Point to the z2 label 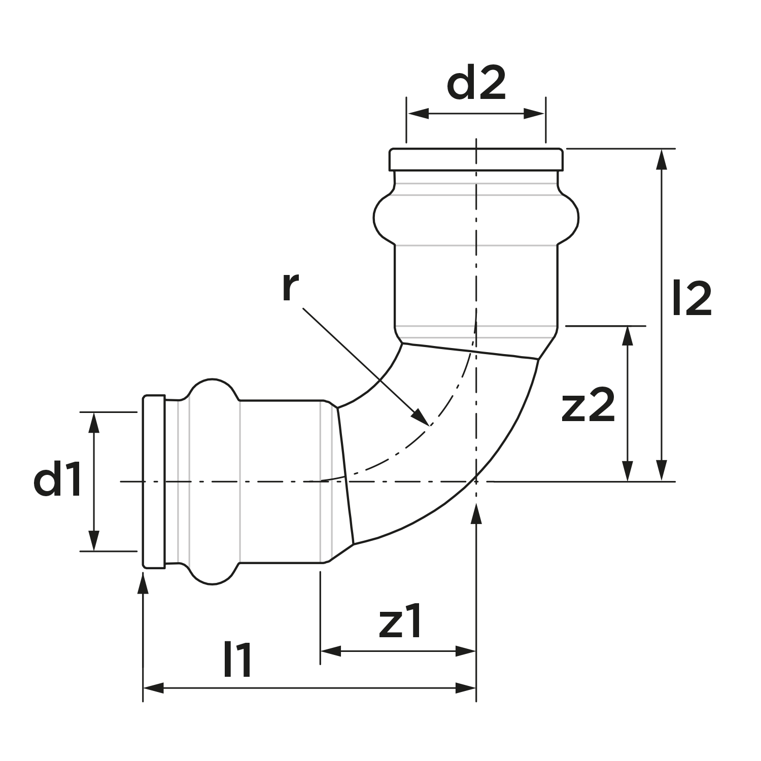click(x=588, y=406)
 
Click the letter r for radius click(x=290, y=287)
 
